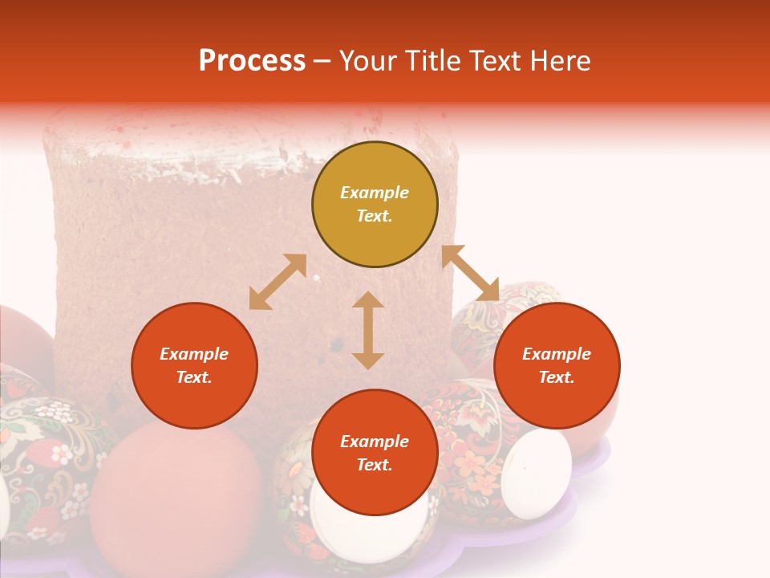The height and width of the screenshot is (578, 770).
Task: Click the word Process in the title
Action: click(x=252, y=61)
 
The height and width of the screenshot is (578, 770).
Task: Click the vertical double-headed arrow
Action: click(x=368, y=330)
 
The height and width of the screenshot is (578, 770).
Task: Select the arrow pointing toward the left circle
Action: click(x=278, y=282)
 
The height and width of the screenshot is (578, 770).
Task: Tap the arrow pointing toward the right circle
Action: click(x=470, y=273)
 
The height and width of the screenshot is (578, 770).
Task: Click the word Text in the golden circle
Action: click(x=375, y=216)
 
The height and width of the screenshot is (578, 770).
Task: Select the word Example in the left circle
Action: click(x=194, y=354)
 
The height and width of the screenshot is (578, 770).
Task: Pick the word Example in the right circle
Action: click(x=557, y=354)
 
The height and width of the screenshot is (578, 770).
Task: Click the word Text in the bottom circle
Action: click(x=375, y=465)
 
